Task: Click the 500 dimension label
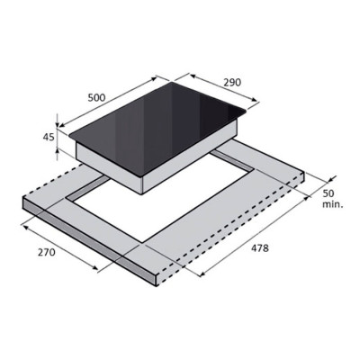pos(96,97)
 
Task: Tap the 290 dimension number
pos(232,82)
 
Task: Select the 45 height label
pos(49,137)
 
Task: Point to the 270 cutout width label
pos(47,252)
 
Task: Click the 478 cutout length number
pos(260,248)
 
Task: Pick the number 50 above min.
pos(328,193)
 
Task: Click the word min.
pos(333,205)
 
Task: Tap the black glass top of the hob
pos(158,126)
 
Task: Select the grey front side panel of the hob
pos(109,167)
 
